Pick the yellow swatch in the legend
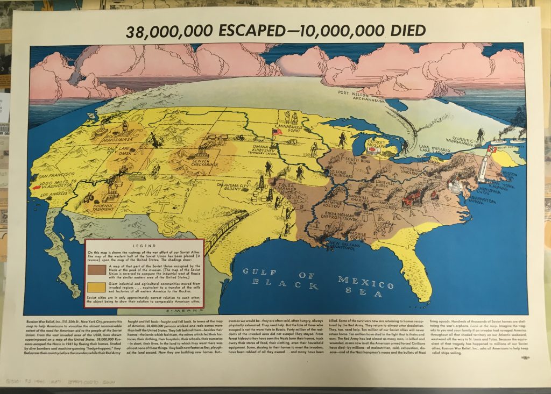click(97, 287)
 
